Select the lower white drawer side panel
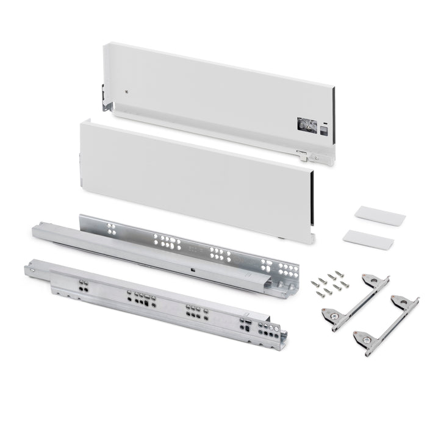pyautogui.click(x=195, y=177)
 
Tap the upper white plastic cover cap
pyautogui.click(x=379, y=214)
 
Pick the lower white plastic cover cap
pyautogui.click(x=368, y=239)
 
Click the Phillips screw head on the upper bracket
pyautogui.click(x=368, y=279)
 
